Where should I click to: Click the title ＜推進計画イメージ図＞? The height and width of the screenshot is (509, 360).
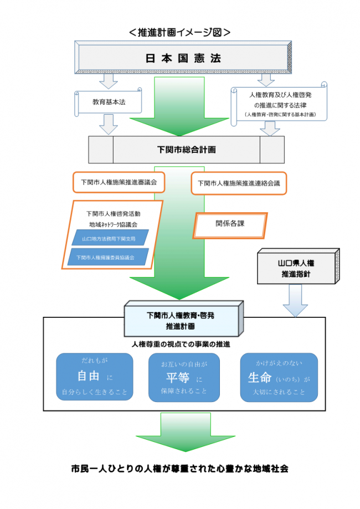pyautogui.click(x=179, y=32)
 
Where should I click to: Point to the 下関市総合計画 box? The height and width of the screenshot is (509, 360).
pyautogui.click(x=186, y=150)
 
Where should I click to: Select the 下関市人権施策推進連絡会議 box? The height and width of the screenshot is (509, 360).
pyautogui.click(x=239, y=182)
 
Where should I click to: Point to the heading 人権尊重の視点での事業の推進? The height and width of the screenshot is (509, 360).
pyautogui.click(x=181, y=344)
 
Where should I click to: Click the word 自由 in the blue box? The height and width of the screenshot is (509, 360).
pyautogui.click(x=89, y=377)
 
